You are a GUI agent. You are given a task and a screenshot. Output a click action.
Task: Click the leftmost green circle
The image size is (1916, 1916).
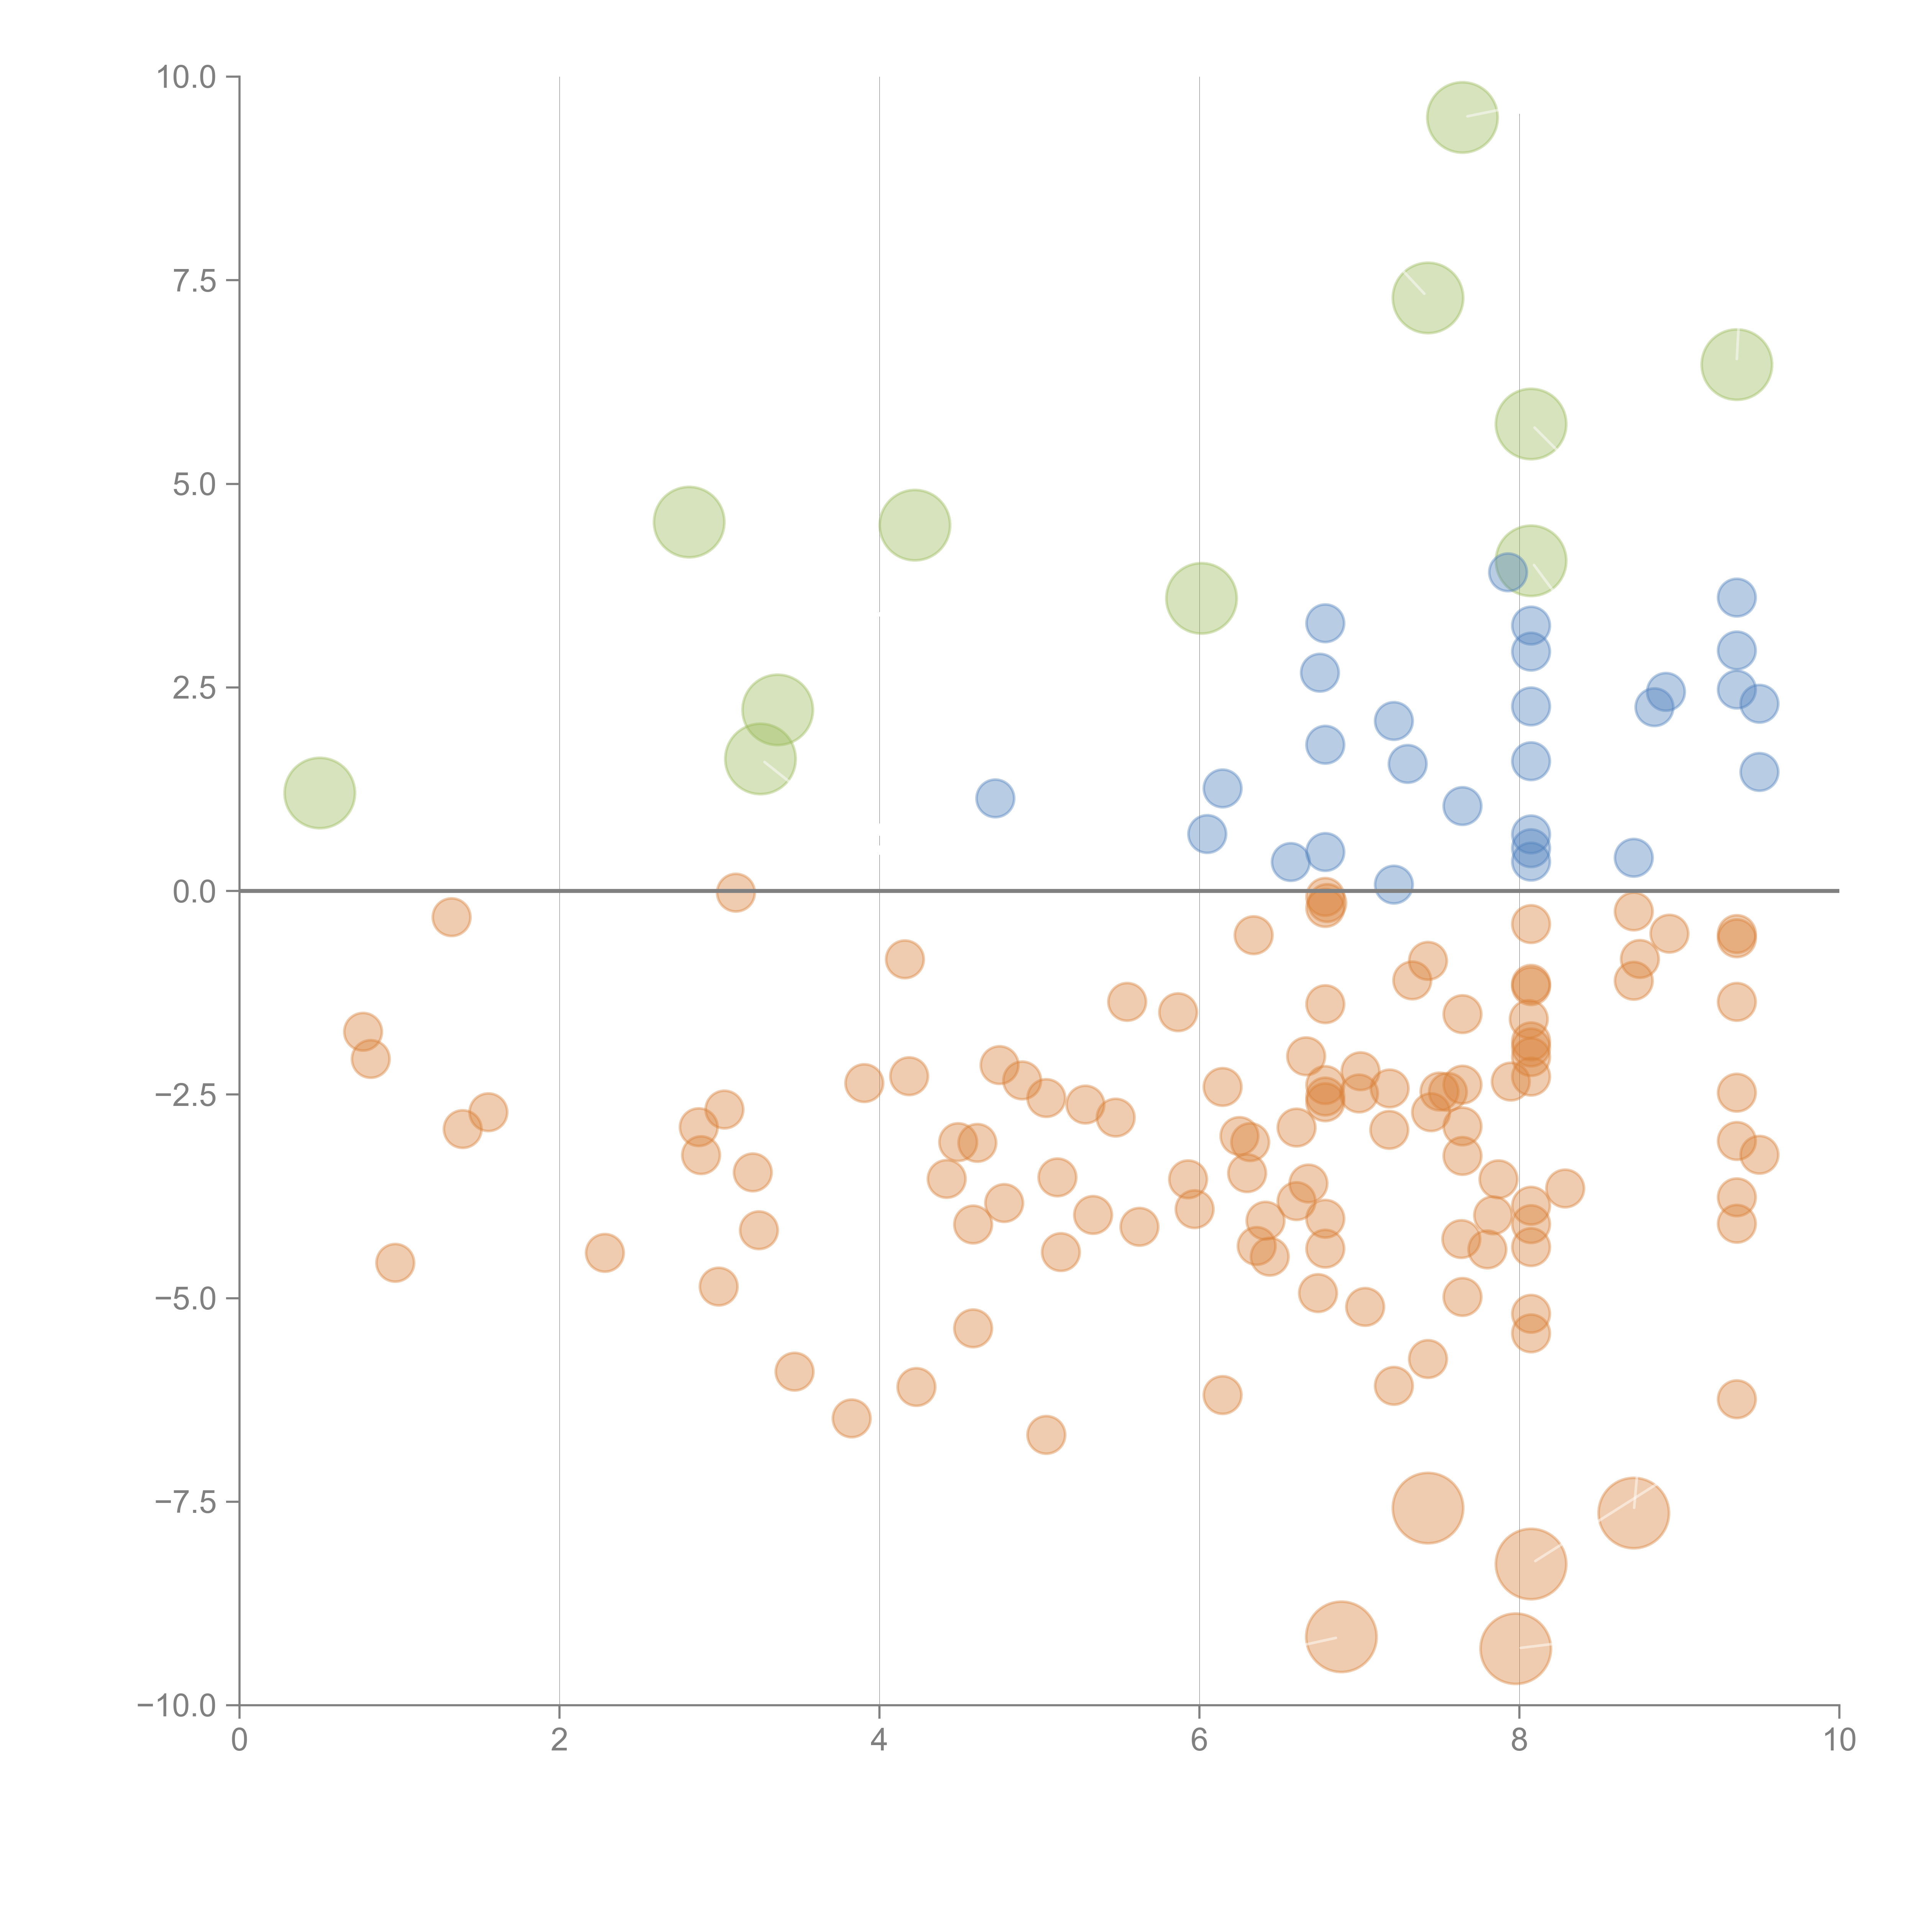click(x=319, y=792)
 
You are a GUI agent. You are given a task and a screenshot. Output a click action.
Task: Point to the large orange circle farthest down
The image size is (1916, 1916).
click(x=1515, y=1648)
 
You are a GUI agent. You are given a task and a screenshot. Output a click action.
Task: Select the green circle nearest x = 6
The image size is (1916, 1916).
click(x=1201, y=598)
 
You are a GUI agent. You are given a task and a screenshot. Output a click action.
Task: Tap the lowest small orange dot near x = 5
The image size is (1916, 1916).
click(x=1045, y=1434)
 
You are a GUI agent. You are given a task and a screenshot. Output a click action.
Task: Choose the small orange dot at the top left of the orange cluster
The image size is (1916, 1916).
click(x=451, y=917)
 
